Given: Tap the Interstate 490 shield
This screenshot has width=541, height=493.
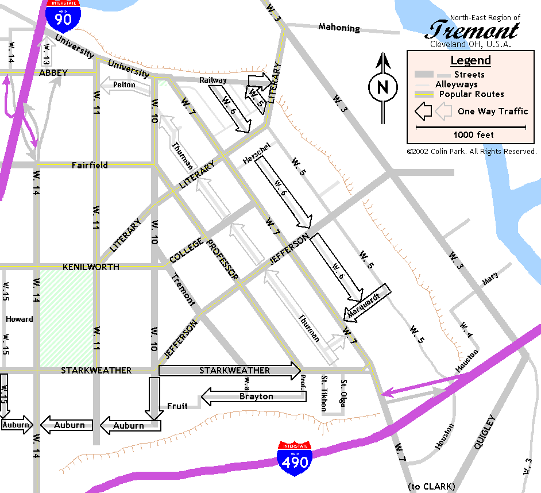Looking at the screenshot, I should (x=294, y=457).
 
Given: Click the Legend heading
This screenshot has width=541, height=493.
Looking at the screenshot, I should (x=470, y=60).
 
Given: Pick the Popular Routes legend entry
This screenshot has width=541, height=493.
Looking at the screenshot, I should (x=472, y=94).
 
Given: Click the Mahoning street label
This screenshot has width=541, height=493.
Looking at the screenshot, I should (x=339, y=28).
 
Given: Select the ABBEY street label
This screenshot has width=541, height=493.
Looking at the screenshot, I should (x=53, y=73).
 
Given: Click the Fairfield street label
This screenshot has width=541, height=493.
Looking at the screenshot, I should (x=90, y=165).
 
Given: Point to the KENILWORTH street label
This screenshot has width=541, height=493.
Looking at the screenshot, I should (x=91, y=267).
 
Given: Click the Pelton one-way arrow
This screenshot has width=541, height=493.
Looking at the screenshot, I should (x=122, y=85).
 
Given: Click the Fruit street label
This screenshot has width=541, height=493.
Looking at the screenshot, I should (x=177, y=406).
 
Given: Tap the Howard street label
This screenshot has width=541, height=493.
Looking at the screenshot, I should (x=20, y=319).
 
